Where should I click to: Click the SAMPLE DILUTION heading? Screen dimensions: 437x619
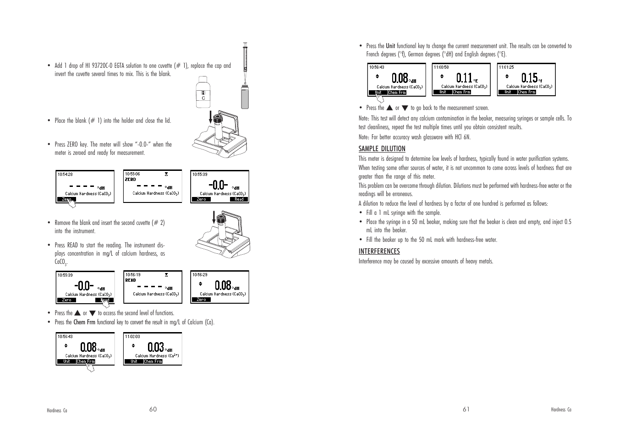[382, 149]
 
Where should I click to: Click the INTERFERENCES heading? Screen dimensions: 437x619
[379, 251]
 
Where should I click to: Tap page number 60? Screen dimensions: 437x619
[153, 409]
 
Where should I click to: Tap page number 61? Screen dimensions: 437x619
[466, 409]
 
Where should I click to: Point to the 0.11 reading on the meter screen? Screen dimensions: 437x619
[464, 78]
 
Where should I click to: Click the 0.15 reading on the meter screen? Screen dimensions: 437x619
[529, 78]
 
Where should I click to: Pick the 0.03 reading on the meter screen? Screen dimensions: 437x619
[156, 347]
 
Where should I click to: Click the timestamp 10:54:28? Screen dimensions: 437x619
[65, 174]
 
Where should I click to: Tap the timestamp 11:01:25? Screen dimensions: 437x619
[507, 67]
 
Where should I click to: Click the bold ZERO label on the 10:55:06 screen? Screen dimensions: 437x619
[131, 180]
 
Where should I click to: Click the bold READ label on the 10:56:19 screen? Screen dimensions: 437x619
[131, 280]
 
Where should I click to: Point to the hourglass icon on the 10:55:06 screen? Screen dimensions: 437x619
[166, 174]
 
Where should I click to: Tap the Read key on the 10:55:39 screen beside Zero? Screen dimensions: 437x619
[239, 199]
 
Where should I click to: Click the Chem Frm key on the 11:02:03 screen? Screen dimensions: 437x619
[153, 361]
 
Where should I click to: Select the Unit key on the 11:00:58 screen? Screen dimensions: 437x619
[443, 92]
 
